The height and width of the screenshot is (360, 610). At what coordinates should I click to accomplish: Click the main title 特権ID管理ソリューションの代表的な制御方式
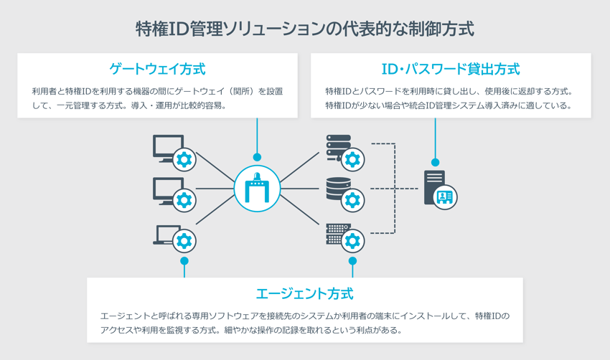coord(305,28)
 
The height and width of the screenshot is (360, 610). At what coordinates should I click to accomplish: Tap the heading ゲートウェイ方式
coord(157,70)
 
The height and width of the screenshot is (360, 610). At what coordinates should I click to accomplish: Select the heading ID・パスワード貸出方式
coord(451,70)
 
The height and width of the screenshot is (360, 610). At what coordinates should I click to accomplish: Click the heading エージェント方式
coord(304,294)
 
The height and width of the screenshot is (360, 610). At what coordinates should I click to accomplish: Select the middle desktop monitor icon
coord(167,190)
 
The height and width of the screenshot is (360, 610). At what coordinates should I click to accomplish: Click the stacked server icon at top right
coord(337,146)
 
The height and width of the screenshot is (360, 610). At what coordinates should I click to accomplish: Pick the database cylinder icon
coord(337,188)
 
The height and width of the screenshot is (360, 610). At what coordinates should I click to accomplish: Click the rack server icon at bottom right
coord(337,232)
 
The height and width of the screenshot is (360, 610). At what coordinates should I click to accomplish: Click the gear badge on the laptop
coord(184,241)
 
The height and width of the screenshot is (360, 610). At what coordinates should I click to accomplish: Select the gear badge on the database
coord(352,199)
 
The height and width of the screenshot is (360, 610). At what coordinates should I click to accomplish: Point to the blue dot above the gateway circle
coord(257,157)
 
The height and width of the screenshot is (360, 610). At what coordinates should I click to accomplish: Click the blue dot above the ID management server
coord(435,163)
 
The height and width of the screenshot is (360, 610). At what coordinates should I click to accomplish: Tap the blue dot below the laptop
coord(184,261)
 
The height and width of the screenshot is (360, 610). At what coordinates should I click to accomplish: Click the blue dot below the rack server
coord(352,261)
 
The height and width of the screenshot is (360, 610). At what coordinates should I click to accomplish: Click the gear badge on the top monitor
coord(184,159)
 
